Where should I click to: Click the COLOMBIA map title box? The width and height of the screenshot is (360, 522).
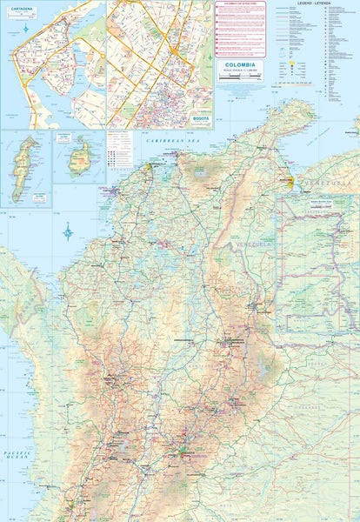click(x=241, y=66)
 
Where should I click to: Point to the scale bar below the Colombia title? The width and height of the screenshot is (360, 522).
click(x=240, y=78)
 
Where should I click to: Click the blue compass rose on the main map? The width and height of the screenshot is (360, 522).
click(x=68, y=231)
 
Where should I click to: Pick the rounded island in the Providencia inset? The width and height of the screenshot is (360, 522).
click(x=80, y=158)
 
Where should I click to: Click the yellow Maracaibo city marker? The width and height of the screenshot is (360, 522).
click(x=290, y=181)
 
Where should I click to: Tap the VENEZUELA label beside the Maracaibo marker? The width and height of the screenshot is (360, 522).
click(x=317, y=184)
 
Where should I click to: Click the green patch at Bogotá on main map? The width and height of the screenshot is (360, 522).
click(x=183, y=451)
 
